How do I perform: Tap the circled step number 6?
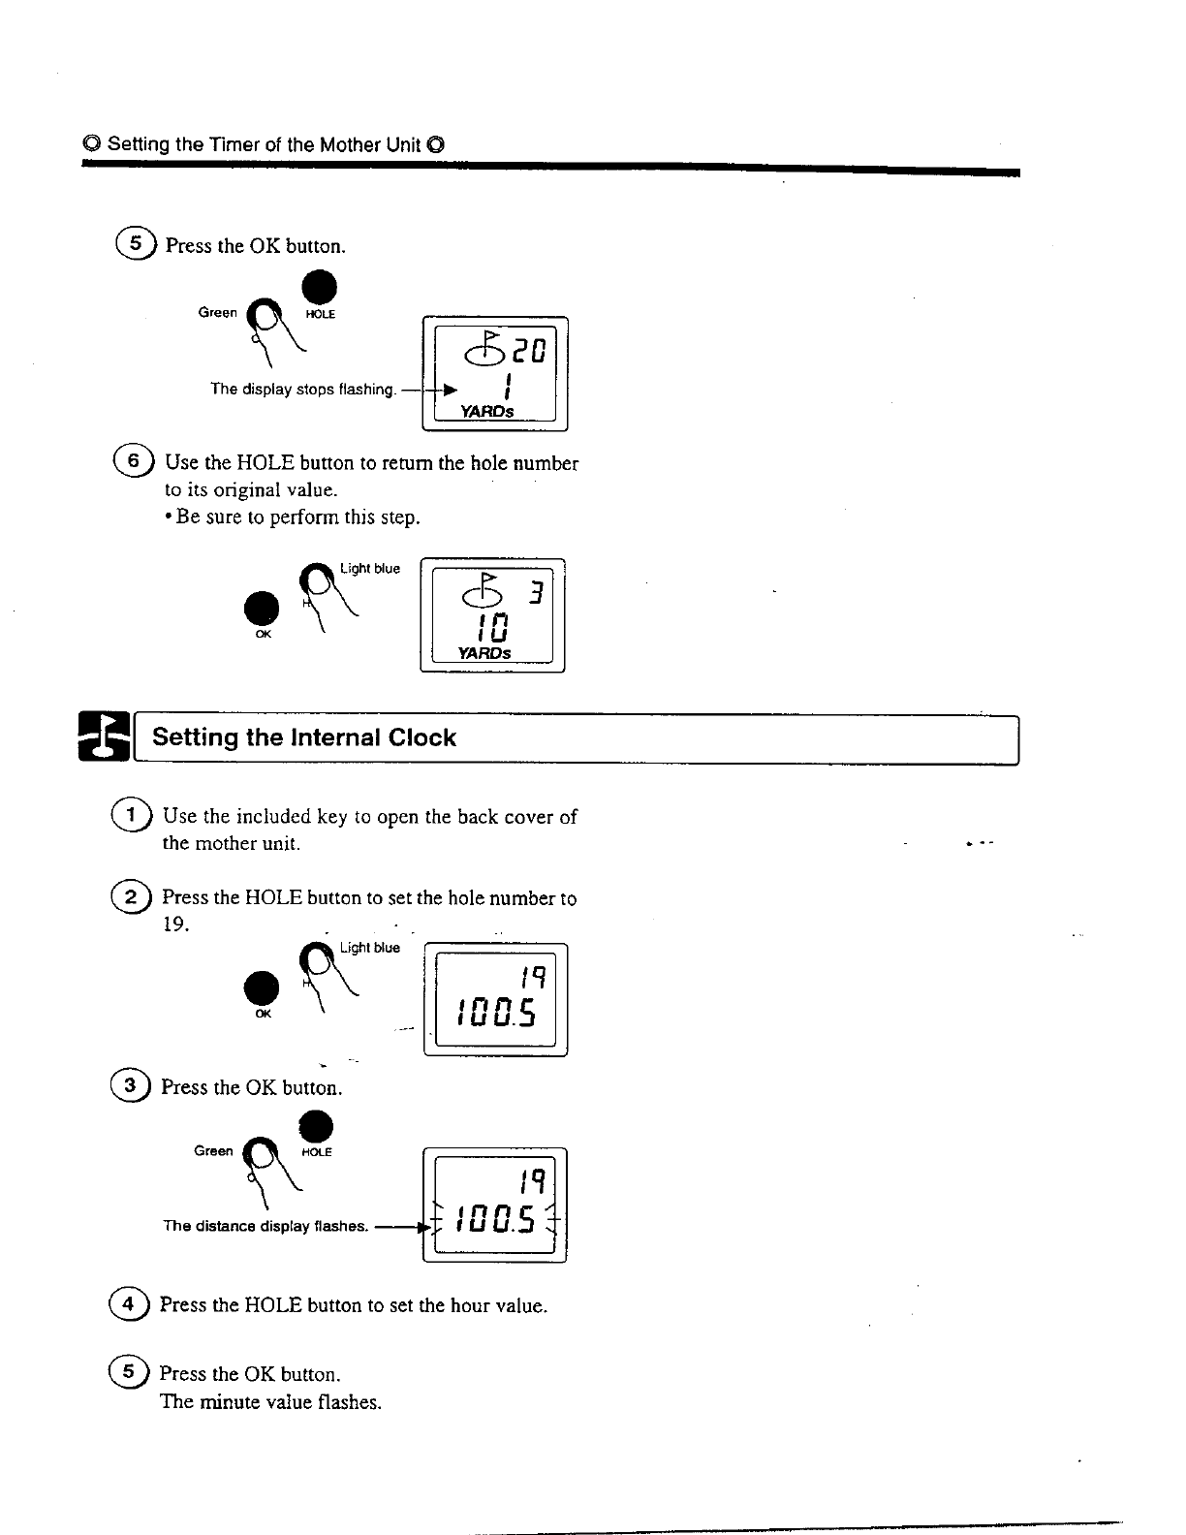[x=131, y=461]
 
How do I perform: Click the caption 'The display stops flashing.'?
[x=303, y=390]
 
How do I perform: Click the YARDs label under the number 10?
[x=485, y=653]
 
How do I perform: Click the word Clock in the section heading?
[x=421, y=737]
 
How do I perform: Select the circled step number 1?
[x=131, y=816]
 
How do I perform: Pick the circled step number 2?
[x=131, y=897]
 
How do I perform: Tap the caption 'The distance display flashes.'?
[x=265, y=1226]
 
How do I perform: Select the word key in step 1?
[x=332, y=817]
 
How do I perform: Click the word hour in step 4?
[x=470, y=1305]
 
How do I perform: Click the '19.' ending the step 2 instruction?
[x=175, y=924]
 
